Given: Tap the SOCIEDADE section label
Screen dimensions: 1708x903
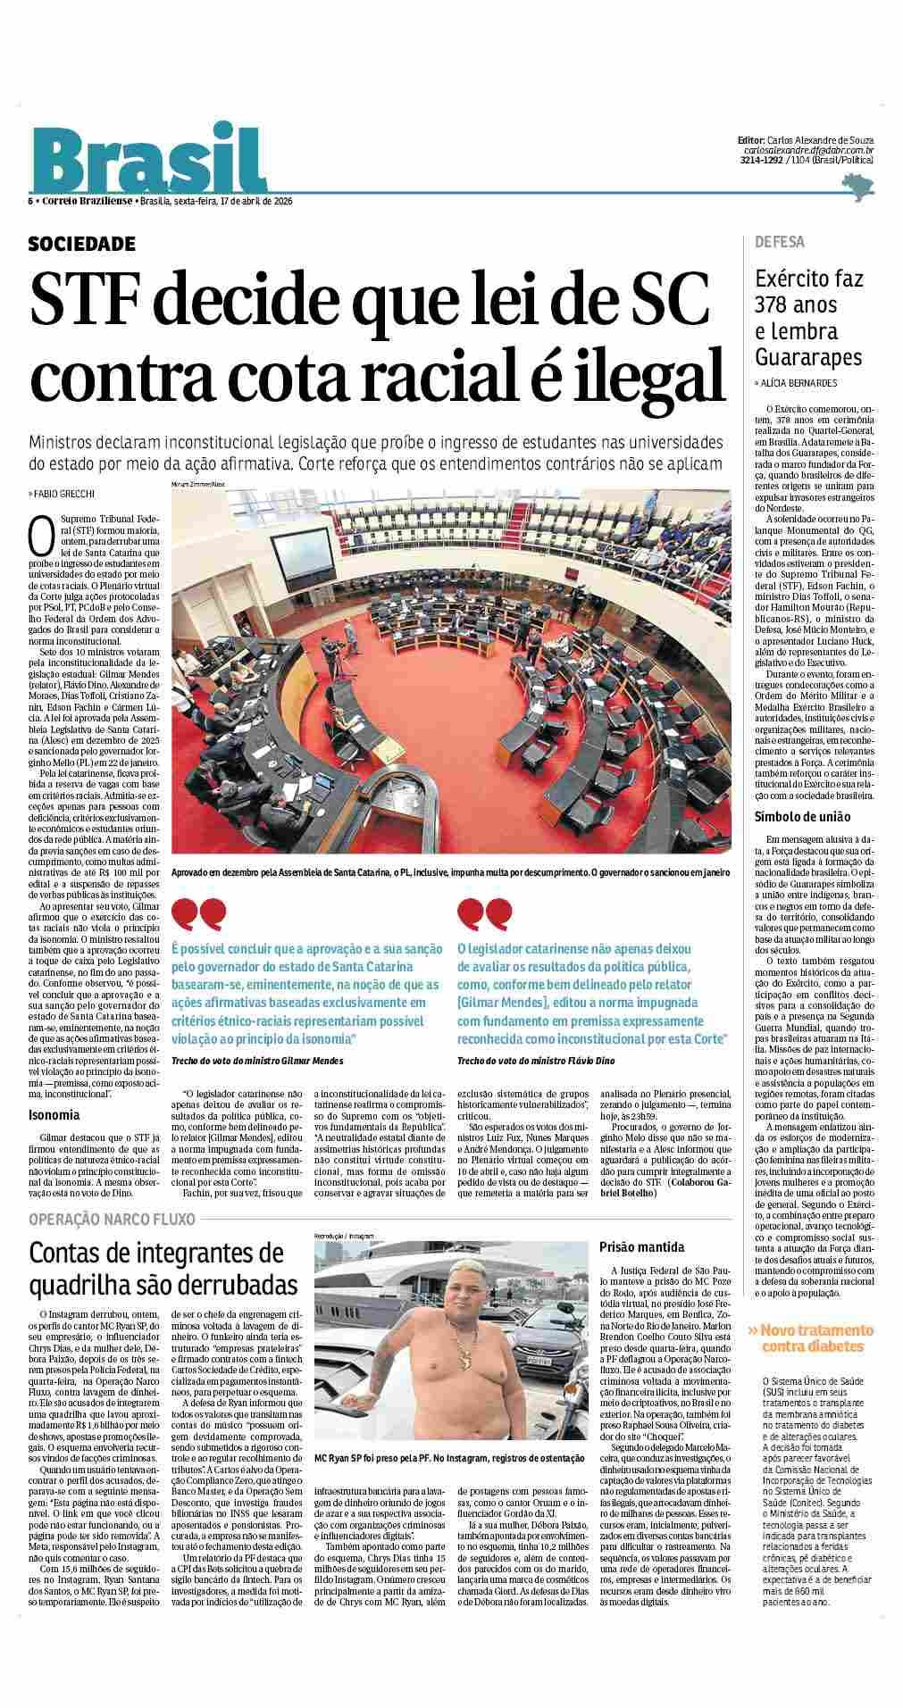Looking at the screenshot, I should [x=82, y=244].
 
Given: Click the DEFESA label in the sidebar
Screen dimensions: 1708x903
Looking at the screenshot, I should [x=780, y=242].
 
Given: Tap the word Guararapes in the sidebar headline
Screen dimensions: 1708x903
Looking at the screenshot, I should [x=807, y=357].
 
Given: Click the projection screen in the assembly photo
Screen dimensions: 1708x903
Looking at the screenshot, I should [x=297, y=548].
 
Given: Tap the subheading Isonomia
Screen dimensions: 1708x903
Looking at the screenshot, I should [x=54, y=1114].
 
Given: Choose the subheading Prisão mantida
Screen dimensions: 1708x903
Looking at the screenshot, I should [x=641, y=1246].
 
